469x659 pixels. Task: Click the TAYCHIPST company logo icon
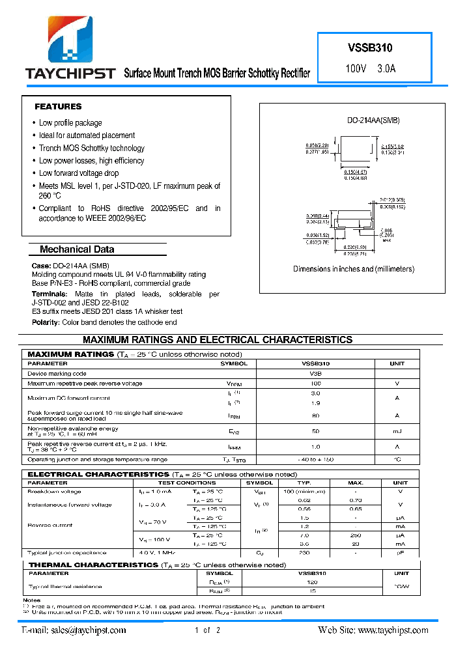pyautogui.click(x=70, y=38)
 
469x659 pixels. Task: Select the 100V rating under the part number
pyautogui.click(x=356, y=68)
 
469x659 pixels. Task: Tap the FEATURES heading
pyautogui.click(x=58, y=106)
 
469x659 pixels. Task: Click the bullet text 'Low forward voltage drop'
pyautogui.click(x=79, y=173)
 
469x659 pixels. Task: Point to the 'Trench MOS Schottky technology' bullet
pyautogui.click(x=91, y=148)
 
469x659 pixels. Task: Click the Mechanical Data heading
pyautogui.click(x=77, y=249)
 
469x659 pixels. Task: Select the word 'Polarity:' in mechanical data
pyautogui.click(x=46, y=322)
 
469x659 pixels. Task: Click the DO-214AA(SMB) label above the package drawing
pyautogui.click(x=373, y=120)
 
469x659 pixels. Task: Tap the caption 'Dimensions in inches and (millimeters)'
pyautogui.click(x=353, y=269)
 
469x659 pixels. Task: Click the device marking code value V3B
pyautogui.click(x=315, y=374)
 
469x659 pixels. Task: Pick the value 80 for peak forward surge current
pyautogui.click(x=315, y=415)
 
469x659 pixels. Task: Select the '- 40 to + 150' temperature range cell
pyautogui.click(x=315, y=460)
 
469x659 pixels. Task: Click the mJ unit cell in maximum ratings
pyautogui.click(x=397, y=431)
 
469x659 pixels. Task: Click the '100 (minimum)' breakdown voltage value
pyautogui.click(x=304, y=492)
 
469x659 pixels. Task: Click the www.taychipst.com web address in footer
pyautogui.click(x=393, y=630)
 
